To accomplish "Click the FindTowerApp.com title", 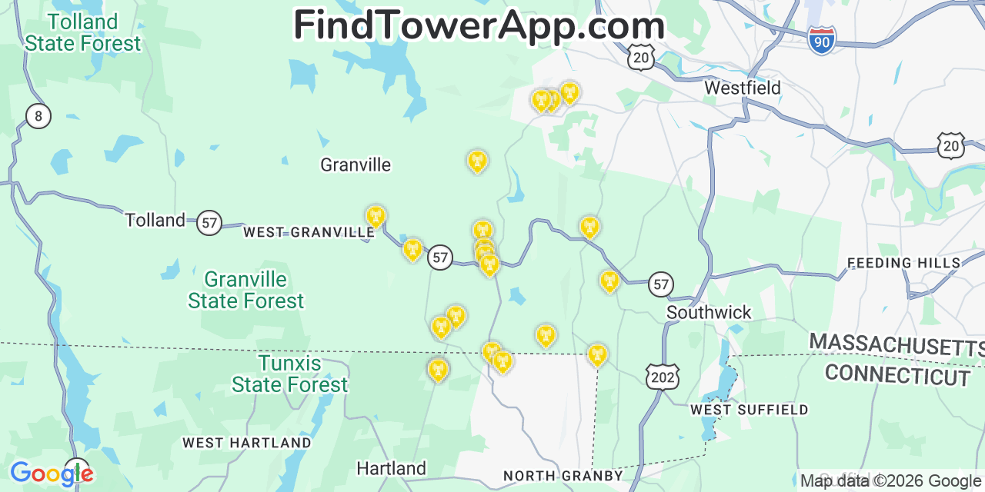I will coord(479,25).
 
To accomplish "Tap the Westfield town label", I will coord(743,88).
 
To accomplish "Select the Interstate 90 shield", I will coord(822,40).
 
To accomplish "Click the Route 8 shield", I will coord(38,116).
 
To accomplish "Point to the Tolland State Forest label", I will coord(82,32).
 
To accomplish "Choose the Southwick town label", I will coord(709,313).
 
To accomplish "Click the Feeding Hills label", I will coord(903,263).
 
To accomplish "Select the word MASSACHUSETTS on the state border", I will coord(897,345).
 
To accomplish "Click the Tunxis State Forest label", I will coord(290,374).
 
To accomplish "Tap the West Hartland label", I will coord(246,443).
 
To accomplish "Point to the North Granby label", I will coord(563,476).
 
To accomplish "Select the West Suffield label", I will coord(749,410).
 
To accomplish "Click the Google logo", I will coord(51,474).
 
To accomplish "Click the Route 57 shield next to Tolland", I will coord(209,223).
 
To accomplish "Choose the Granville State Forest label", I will coord(246,290).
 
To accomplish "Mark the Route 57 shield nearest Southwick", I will coord(660,284).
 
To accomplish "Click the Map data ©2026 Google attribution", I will coord(891,481).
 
